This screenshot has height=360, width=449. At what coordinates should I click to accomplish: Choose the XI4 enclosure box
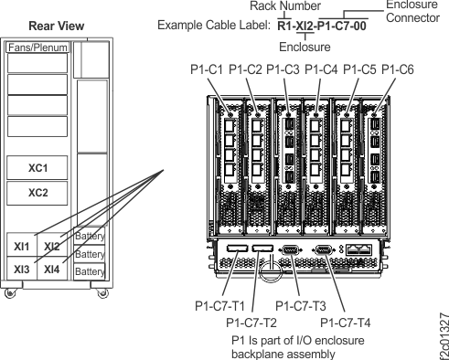(53, 270)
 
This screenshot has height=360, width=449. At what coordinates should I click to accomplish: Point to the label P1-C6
(398, 69)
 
